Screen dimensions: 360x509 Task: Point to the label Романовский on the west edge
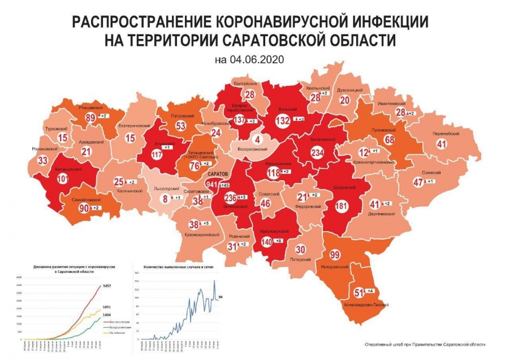point(44,149)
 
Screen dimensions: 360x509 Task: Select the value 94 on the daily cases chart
point(221,297)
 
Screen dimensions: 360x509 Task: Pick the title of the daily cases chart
point(176,267)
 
